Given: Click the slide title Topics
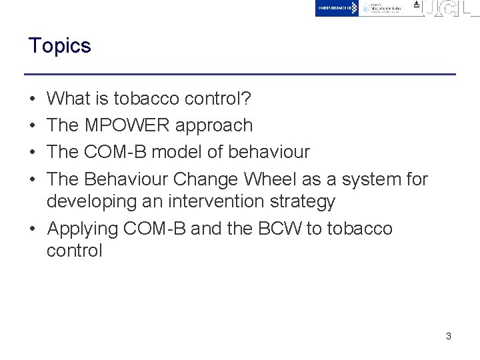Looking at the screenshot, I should pos(59,46).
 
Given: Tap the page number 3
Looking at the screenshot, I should pos(449,336).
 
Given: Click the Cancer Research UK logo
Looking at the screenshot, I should pos(337,8).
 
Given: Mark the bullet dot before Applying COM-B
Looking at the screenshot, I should pos(33,229).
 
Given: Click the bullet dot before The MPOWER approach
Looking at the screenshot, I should pos(33,125).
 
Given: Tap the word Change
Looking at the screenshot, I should pos(207,179).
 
